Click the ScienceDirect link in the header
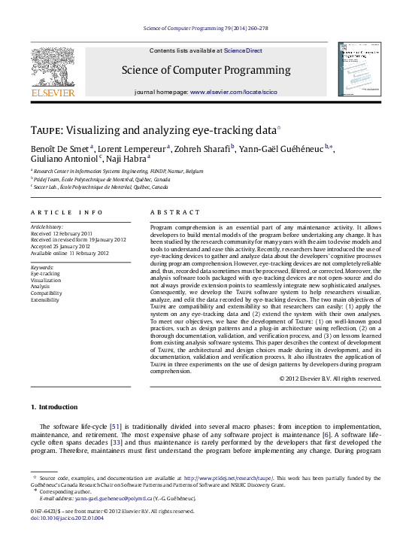[x=244, y=50]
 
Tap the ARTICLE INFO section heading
[x=66, y=213]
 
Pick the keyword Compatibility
[x=47, y=293]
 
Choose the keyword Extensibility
[x=45, y=299]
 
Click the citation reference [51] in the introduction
[x=117, y=427]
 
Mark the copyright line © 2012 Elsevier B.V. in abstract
[x=329, y=378]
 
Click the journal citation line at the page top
[x=204, y=29]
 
